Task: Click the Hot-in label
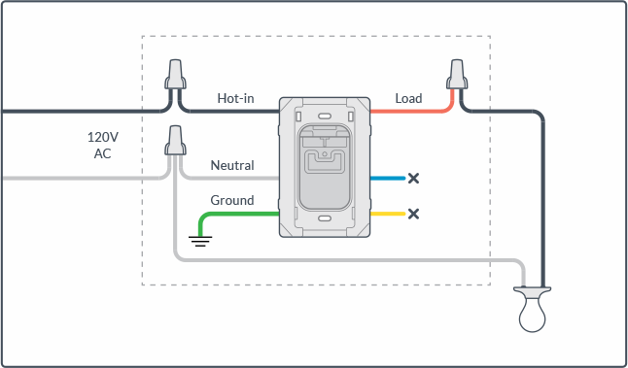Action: [235, 98]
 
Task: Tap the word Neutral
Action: [232, 165]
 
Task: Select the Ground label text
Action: [232, 200]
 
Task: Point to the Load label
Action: [408, 98]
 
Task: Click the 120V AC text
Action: [103, 146]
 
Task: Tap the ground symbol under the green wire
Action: [200, 241]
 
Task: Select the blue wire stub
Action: [388, 179]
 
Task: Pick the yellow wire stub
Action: [388, 214]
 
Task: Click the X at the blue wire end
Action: [413, 179]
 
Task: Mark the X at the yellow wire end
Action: [413, 214]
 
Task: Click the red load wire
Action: [416, 111]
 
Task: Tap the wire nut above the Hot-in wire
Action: [175, 75]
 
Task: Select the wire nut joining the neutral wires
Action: [175, 141]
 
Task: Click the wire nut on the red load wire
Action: [457, 75]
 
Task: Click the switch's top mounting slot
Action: [324, 117]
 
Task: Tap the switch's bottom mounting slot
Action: [324, 218]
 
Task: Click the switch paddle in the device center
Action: [325, 167]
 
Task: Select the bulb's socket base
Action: [533, 291]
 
